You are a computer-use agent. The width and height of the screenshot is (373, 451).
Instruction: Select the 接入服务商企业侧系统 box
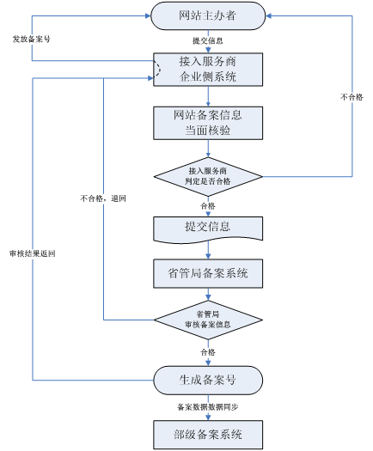click(207, 70)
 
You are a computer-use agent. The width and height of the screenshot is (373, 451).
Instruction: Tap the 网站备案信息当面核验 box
click(207, 122)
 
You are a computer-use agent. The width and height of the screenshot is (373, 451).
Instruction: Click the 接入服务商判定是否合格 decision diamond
click(207, 177)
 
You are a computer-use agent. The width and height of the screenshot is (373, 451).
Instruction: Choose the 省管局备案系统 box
click(207, 274)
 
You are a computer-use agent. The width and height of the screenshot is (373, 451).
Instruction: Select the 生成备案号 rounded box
click(207, 379)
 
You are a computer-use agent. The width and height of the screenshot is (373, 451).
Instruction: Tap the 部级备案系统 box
click(207, 433)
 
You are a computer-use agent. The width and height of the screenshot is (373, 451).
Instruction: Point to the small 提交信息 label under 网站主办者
click(207, 41)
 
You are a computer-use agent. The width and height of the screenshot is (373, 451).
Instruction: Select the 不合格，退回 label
click(103, 198)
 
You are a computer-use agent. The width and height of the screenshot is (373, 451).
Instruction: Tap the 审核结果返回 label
click(32, 253)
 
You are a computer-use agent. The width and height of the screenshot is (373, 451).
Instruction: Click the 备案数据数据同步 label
click(207, 405)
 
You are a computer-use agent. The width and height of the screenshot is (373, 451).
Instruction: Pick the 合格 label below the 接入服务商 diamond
click(207, 206)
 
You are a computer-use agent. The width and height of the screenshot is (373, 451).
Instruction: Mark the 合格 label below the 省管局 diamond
click(207, 351)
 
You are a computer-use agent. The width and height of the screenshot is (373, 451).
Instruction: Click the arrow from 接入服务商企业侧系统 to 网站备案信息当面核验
click(207, 95)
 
